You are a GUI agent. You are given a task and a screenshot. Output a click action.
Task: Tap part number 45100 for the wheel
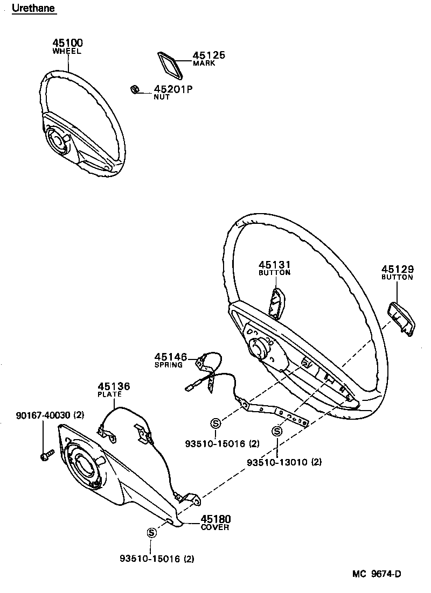coord(67,43)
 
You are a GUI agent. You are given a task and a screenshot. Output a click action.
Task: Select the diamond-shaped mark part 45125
coord(168,65)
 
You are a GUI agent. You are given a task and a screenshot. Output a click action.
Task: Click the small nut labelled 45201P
coord(136,89)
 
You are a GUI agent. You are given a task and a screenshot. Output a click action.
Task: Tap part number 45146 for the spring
coord(170,357)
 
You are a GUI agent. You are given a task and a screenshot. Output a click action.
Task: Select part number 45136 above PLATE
coord(114,386)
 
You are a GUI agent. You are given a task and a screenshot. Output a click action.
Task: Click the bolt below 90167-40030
coord(46,455)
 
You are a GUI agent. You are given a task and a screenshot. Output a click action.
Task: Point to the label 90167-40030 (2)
coord(50,415)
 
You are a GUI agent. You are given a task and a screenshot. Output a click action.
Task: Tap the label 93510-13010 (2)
coord(284,462)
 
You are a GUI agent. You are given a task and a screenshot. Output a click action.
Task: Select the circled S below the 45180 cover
coord(151,532)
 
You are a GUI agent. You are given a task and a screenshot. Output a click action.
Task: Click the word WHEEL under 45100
coord(67,51)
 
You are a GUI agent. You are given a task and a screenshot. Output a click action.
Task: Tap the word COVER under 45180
coord(215,527)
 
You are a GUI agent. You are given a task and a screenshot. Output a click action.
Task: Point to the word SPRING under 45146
coord(169,365)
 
